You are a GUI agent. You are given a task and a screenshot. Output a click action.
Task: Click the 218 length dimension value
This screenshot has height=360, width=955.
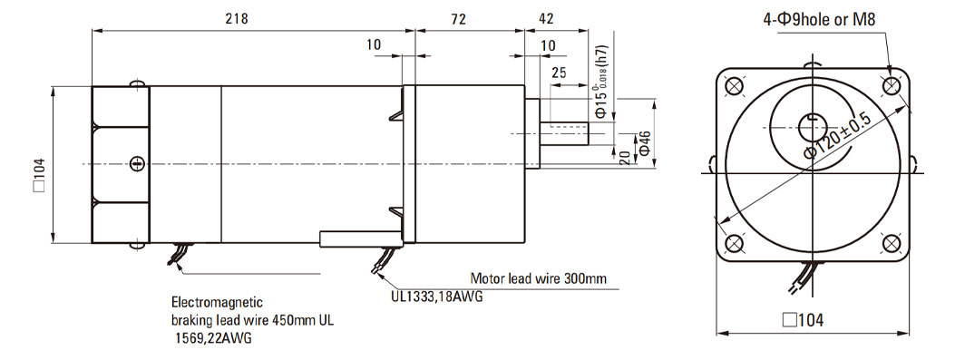[x=237, y=19]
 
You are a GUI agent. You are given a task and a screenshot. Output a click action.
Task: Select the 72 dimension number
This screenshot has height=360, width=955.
[x=459, y=19]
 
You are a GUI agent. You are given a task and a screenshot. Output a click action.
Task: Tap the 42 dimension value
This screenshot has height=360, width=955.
[x=546, y=19]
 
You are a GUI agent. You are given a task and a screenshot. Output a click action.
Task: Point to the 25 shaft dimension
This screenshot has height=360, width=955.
[x=559, y=73]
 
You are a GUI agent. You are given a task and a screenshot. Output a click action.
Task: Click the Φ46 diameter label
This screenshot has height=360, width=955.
[x=643, y=144]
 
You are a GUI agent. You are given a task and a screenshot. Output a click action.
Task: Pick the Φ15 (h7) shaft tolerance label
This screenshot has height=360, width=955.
[x=600, y=83]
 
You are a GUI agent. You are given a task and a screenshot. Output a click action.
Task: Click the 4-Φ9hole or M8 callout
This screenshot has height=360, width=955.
[x=819, y=19]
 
